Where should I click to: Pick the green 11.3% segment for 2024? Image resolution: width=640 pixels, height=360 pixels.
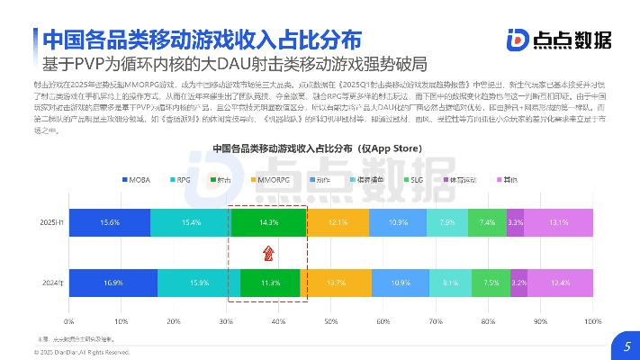[x=270, y=282]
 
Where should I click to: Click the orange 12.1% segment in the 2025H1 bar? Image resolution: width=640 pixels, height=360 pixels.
[x=338, y=222]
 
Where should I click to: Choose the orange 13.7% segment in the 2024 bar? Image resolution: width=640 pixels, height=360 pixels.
[x=335, y=282]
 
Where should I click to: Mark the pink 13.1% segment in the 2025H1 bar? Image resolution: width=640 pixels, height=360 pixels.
[x=559, y=222]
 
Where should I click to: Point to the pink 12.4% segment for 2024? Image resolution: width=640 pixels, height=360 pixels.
[x=561, y=282]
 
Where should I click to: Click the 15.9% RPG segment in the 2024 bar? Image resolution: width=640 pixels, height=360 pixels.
[x=199, y=282]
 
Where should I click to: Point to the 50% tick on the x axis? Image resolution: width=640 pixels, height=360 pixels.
[x=330, y=320]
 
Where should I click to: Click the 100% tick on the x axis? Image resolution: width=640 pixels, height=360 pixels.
[x=592, y=320]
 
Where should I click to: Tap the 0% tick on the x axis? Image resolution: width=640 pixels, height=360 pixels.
[x=69, y=320]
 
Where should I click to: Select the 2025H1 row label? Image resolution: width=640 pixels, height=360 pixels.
[x=50, y=222]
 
